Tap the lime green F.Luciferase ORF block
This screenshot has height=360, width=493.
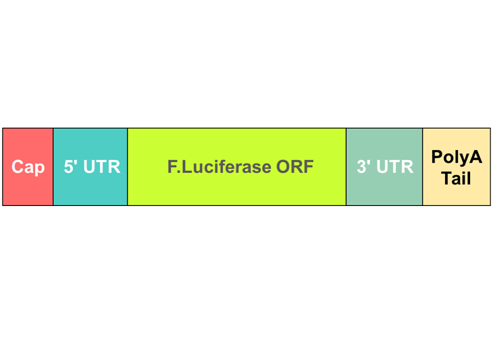[x=236, y=189]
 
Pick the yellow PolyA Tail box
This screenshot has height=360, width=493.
[x=457, y=192]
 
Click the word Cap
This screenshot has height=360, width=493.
[x=28, y=167]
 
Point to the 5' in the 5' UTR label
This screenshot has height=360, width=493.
[x=71, y=166]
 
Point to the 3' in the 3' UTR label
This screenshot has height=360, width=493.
[x=364, y=166]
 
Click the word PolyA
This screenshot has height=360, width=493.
[x=457, y=158]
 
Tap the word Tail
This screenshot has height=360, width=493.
[x=457, y=179]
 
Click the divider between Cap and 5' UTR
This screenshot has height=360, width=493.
[x=53, y=167]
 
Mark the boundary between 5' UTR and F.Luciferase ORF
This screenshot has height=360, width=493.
[x=128, y=167]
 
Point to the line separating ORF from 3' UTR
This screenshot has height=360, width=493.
[x=346, y=167]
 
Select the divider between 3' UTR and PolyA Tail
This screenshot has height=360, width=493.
[x=423, y=167]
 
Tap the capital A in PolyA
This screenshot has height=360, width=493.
[x=475, y=157]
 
